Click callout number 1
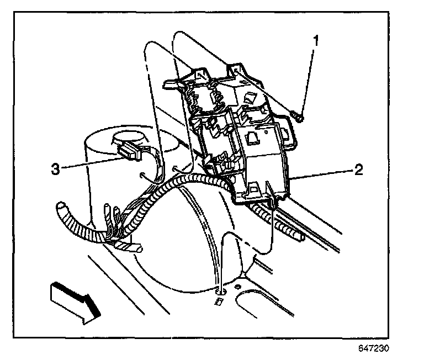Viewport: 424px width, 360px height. (316, 40)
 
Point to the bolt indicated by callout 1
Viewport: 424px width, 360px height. (299, 117)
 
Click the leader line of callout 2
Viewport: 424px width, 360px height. (324, 175)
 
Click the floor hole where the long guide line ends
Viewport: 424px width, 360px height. (219, 288)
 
